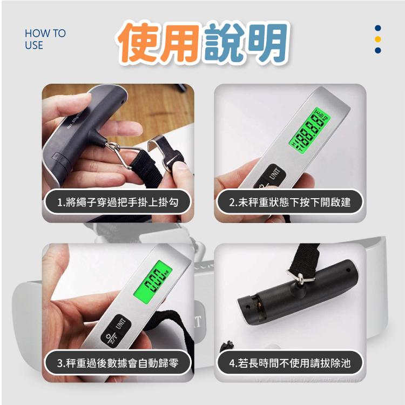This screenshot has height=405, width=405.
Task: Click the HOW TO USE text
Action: tap(45, 39)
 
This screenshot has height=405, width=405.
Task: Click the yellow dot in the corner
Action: tap(378, 39)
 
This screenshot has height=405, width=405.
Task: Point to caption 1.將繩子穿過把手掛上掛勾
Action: tap(117, 202)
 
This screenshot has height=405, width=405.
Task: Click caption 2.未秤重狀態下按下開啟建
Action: tap(289, 202)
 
